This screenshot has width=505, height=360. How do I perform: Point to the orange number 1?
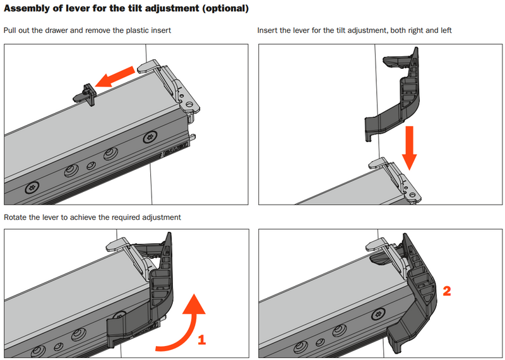coord(202,340)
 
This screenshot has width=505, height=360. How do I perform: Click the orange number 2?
coord(447,291)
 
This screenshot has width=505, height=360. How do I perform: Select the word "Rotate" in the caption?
coord(15,217)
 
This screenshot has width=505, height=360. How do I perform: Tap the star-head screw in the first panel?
coord(32,187)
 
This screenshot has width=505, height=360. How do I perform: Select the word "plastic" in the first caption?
coord(129,30)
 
